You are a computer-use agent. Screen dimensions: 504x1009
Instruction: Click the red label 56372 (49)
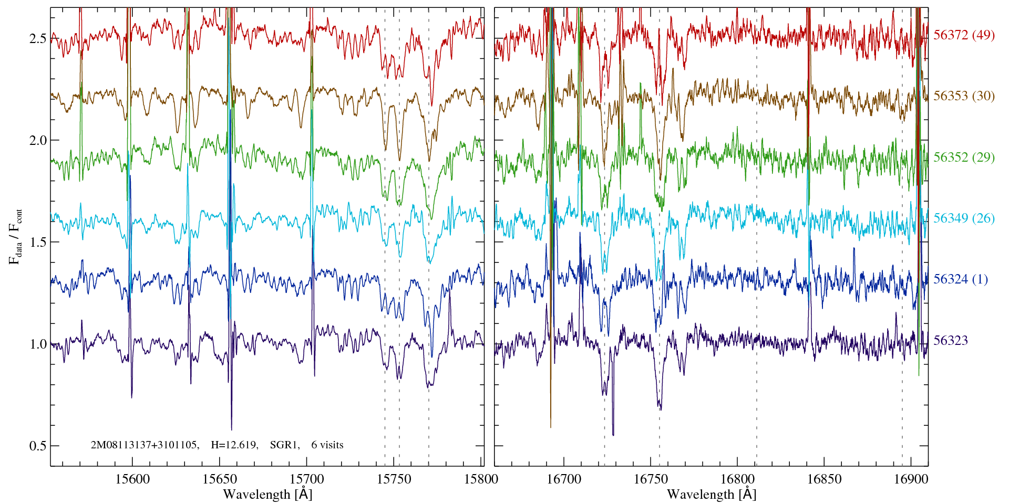(x=964, y=35)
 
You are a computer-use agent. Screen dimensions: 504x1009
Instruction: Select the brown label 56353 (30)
(x=964, y=96)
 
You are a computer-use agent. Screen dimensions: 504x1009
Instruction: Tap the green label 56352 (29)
(x=964, y=157)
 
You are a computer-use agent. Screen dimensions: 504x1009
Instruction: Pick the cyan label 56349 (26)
(x=964, y=218)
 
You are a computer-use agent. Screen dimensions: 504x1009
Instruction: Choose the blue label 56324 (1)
(x=960, y=279)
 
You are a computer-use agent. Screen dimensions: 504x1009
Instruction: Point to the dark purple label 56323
(x=950, y=341)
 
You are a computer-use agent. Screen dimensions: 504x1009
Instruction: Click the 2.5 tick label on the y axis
(x=37, y=39)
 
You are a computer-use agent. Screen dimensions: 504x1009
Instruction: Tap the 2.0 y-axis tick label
(x=37, y=141)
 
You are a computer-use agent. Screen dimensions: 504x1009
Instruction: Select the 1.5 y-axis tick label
(x=37, y=243)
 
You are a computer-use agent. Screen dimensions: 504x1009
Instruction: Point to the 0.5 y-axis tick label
(x=37, y=446)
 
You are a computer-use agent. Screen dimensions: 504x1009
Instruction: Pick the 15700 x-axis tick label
(x=307, y=479)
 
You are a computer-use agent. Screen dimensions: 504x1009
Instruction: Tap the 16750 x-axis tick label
(x=651, y=479)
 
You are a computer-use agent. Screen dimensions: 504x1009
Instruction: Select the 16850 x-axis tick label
(x=824, y=479)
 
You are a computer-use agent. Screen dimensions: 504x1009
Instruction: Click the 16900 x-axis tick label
(x=911, y=479)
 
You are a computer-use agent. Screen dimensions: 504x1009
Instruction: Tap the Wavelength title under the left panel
(x=267, y=495)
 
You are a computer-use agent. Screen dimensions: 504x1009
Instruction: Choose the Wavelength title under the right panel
(x=712, y=495)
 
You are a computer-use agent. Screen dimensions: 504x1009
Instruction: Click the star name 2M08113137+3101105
(x=145, y=445)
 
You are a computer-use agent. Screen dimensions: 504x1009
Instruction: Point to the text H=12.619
(x=234, y=445)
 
